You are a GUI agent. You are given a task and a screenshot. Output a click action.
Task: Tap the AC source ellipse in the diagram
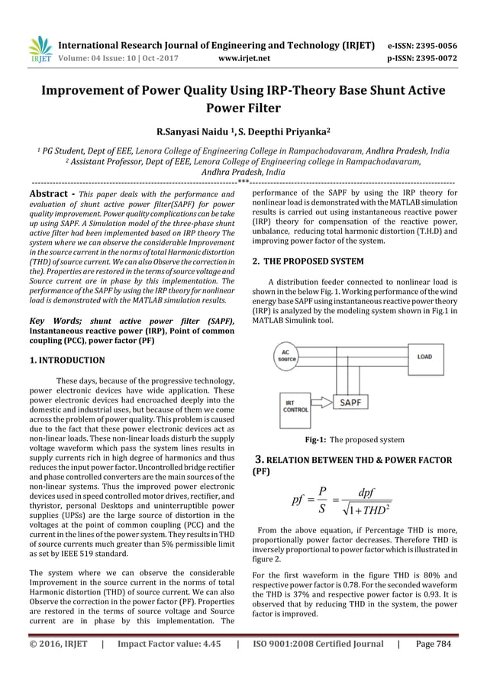(287, 356)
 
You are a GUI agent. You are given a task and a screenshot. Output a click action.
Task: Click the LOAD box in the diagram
(424, 357)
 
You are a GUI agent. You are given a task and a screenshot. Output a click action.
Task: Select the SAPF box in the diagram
(352, 402)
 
